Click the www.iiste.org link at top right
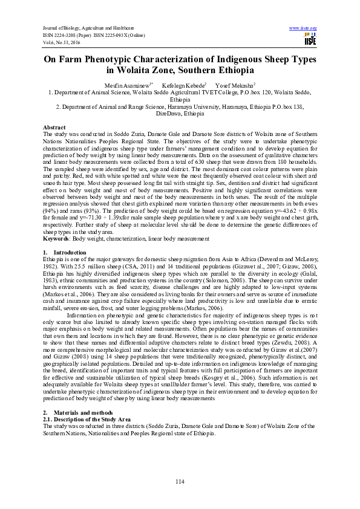click(x=303, y=28)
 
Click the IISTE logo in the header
click(x=310, y=39)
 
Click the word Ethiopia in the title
click(x=227, y=71)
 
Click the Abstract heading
click(x=54, y=128)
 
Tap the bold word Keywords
click(x=56, y=239)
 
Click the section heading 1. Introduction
click(x=57, y=251)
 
